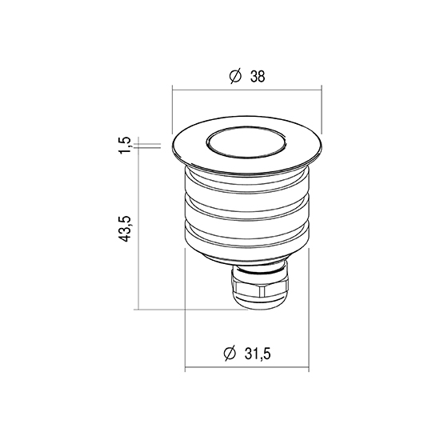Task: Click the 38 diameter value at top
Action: [258, 76]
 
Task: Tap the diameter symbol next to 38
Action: [235, 76]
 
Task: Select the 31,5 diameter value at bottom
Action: [258, 354]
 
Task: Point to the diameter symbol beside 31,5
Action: [230, 353]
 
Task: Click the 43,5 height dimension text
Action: [125, 229]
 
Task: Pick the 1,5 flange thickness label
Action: [125, 145]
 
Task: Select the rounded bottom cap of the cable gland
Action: [259, 302]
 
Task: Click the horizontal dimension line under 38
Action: [247, 90]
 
